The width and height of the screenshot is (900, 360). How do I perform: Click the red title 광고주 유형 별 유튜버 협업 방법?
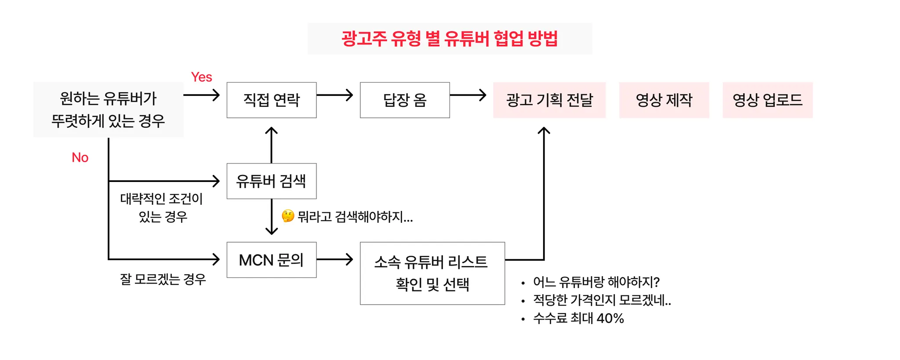tap(450, 39)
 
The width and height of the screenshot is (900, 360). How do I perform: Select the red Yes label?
tap(201, 77)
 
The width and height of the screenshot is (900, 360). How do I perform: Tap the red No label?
tap(80, 157)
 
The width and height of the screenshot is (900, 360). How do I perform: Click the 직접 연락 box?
tap(272, 100)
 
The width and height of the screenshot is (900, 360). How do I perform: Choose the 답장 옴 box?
tap(405, 100)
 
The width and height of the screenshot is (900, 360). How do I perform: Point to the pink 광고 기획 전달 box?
tap(549, 100)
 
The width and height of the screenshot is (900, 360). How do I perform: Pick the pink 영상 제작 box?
tap(664, 100)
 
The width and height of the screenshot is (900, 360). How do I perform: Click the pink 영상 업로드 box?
tap(767, 100)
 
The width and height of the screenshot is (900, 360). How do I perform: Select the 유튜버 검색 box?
tap(272, 181)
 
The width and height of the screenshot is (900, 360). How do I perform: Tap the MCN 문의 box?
tap(272, 260)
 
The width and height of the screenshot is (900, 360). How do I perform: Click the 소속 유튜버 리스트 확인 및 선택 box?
tap(432, 273)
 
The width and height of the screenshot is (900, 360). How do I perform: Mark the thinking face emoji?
tap(288, 216)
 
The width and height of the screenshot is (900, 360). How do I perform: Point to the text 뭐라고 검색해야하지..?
tap(355, 217)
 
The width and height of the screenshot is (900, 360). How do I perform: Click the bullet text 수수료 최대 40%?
tap(578, 318)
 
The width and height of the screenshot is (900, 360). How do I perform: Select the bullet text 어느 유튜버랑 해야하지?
tap(596, 282)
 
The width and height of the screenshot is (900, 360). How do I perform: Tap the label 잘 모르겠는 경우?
tap(163, 279)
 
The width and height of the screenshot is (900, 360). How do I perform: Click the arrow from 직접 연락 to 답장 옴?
tap(335, 95)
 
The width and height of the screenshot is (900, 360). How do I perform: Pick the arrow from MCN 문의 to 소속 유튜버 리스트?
tap(335, 259)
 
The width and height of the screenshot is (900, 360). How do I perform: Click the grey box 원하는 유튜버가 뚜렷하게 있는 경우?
tap(109, 109)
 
